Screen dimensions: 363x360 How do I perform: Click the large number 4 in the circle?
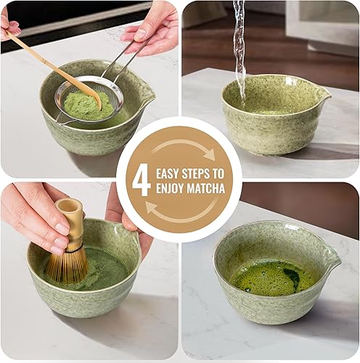[x=141, y=179]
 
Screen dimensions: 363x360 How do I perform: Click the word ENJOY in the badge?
[x=171, y=189]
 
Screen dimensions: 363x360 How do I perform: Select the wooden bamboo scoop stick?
[x=51, y=65]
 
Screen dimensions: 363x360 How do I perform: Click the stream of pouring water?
[x=239, y=44]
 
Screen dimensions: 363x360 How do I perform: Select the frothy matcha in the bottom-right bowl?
[x=274, y=277]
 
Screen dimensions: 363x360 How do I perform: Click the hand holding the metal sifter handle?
[x=152, y=25]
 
